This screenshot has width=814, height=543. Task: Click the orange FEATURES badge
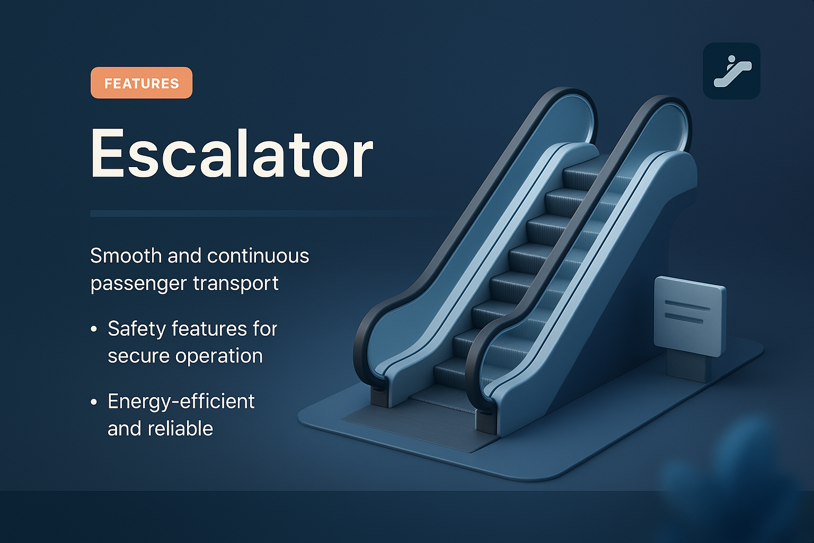[141, 83]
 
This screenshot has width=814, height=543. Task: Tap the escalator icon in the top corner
[731, 71]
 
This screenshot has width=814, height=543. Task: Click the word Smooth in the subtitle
[126, 256]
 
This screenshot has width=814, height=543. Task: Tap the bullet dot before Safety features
[94, 329]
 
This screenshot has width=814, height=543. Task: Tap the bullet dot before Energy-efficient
[94, 402]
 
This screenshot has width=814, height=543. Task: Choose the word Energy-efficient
[181, 401]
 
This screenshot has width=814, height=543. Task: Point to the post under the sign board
[688, 366]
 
